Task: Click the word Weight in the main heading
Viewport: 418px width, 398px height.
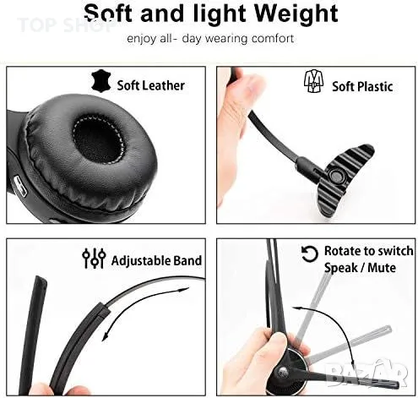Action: point(296,14)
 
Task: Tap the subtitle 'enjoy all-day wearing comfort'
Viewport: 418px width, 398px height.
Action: point(210,38)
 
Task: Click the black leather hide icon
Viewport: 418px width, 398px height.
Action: point(100,81)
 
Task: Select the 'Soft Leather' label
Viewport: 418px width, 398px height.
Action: point(150,85)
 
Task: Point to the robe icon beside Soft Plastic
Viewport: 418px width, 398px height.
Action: point(313,81)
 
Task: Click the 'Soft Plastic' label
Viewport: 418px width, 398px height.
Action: point(362,86)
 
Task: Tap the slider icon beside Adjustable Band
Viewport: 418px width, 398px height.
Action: point(94,258)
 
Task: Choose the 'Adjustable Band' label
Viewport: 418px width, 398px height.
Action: point(156,260)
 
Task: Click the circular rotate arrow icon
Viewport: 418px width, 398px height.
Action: point(310,254)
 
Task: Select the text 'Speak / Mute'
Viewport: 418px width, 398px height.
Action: point(360,268)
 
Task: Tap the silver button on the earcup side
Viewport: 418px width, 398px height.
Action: point(20,186)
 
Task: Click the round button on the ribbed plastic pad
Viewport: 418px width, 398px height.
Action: point(336,177)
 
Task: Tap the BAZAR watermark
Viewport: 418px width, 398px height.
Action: point(367,372)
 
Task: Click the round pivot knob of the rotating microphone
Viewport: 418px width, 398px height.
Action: point(282,371)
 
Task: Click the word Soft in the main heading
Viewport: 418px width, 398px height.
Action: point(108,14)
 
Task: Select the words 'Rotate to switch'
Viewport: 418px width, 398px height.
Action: point(369,251)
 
